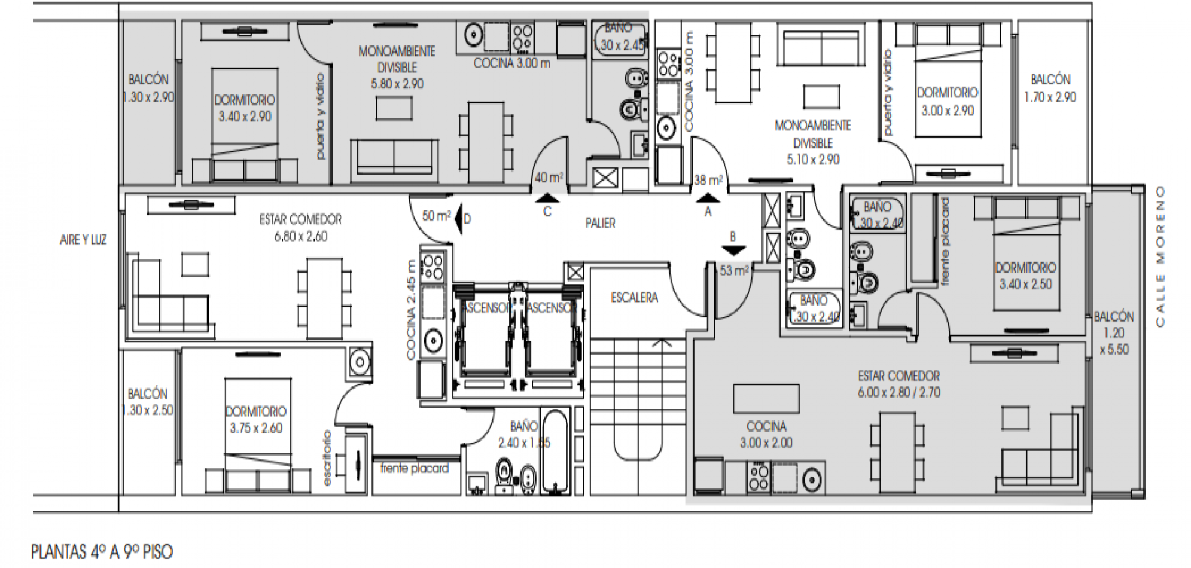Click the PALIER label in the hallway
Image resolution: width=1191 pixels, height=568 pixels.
600,224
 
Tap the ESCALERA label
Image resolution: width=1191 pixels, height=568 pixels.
634,297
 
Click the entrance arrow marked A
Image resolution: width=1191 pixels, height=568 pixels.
708,199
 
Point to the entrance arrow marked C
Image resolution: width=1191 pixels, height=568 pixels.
547,199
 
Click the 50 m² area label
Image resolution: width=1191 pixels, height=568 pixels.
436,216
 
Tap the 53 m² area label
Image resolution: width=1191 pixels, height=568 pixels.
733,271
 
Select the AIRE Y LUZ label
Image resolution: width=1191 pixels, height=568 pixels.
83,240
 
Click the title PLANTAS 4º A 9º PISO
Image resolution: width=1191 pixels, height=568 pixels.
102,552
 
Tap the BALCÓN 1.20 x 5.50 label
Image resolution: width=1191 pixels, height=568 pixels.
1113,333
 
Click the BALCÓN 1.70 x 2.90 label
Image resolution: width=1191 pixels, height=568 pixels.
1050,88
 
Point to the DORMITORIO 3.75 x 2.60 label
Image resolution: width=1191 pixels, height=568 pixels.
255,420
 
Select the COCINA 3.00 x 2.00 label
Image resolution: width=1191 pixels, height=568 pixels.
766,435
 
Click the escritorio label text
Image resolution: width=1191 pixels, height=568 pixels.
327,457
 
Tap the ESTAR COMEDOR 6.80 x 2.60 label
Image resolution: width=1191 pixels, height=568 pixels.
300,228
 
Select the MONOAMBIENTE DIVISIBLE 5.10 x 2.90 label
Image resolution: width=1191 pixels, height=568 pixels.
812,142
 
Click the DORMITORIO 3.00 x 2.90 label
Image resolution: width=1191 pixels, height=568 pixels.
948,102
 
